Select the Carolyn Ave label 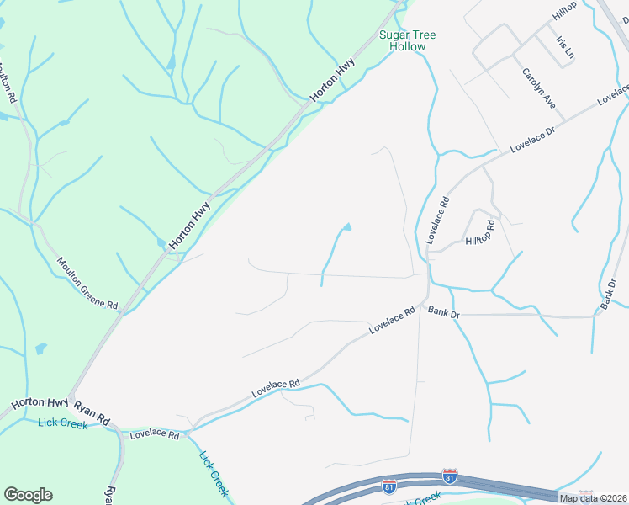[539, 88]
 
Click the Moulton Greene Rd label [87, 284]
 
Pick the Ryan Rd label [92, 412]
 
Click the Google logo [28, 495]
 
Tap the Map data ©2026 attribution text [593, 498]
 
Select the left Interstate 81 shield [388, 486]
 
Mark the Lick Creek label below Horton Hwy [62, 423]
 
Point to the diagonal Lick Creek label [214, 474]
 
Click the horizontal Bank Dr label [443, 313]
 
